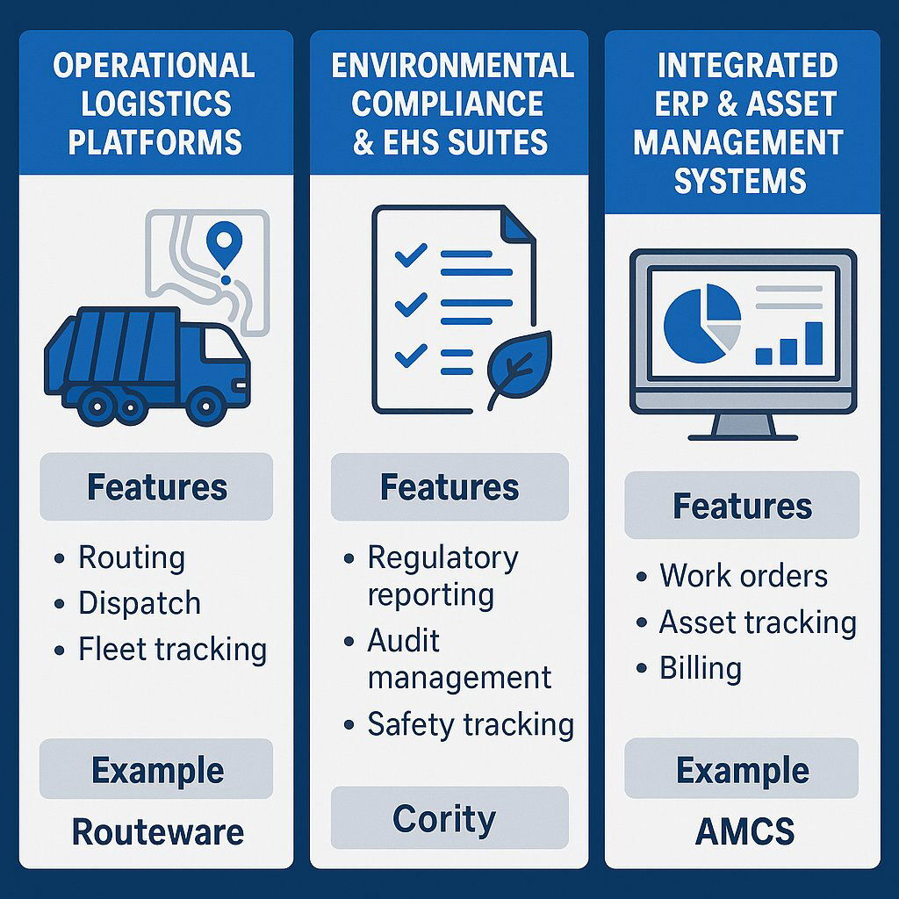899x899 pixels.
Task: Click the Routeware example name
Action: point(157,831)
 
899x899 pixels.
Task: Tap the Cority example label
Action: point(444,819)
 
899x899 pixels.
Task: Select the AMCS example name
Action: point(744,831)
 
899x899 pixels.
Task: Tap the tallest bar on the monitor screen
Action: point(814,343)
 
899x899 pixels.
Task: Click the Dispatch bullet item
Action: point(139,603)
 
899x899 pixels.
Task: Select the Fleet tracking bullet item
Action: point(172,650)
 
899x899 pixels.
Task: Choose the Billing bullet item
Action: point(700,669)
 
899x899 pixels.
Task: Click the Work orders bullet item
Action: point(743,576)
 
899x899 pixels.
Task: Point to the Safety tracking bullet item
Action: point(470,724)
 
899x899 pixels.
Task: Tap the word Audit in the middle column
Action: point(403,641)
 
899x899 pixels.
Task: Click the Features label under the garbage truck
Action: point(156,487)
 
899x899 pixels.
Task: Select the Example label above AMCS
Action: point(742,770)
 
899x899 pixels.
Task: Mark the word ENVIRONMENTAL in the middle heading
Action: point(450,66)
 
